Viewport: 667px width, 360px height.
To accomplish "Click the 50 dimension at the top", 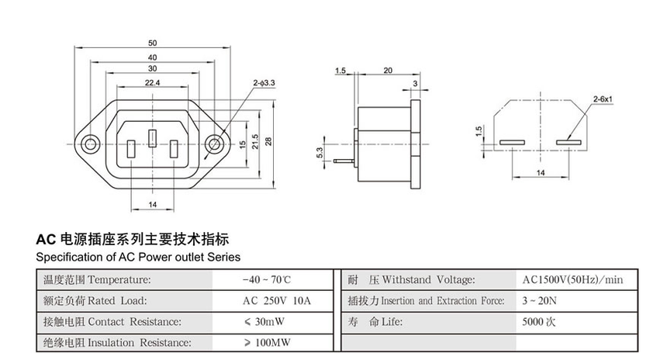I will (152, 42).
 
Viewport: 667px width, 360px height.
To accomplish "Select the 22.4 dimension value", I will (152, 82).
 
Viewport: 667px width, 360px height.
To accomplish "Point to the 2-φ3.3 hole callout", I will (264, 81).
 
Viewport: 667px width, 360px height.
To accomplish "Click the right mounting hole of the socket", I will (213, 144).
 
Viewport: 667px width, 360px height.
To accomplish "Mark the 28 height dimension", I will (268, 140).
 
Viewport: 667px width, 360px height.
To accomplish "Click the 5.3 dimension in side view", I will (320, 152).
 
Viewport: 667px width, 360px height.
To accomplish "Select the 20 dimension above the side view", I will (388, 71).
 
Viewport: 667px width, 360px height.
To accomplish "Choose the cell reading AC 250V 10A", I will (265, 300).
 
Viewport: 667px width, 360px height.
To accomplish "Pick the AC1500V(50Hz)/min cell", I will (573, 279).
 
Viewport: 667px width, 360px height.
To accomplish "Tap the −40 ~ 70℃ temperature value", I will (266, 279).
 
